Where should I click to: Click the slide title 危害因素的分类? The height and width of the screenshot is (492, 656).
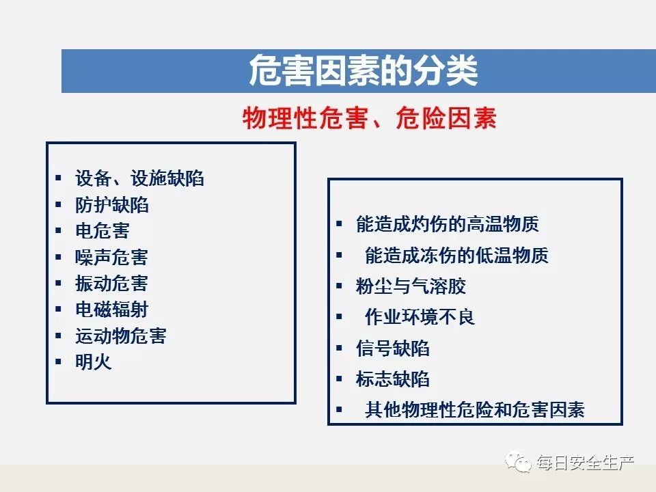click(363, 70)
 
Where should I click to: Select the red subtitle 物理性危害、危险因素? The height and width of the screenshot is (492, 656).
click(370, 118)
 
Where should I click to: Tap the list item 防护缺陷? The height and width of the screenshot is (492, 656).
click(111, 205)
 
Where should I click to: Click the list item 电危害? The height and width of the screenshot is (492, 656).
click(102, 231)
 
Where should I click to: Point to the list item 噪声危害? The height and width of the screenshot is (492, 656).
click(111, 258)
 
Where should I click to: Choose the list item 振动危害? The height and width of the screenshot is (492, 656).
click(111, 283)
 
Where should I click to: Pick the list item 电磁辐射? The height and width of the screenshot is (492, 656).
click(111, 310)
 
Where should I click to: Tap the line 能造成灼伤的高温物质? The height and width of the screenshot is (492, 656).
click(447, 224)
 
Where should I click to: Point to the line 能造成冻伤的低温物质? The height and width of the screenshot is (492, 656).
click(456, 255)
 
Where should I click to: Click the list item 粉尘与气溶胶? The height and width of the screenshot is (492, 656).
click(411, 286)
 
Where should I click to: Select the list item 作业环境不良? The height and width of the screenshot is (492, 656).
click(420, 316)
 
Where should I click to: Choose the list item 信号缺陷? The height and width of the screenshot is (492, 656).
click(393, 348)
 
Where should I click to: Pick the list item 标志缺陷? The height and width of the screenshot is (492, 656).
click(393, 379)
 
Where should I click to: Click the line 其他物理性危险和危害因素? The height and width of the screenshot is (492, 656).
click(475, 409)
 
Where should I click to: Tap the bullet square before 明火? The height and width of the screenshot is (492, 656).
click(58, 361)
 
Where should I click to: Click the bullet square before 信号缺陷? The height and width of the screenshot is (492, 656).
click(340, 348)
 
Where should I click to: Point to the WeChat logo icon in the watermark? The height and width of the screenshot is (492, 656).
click(518, 462)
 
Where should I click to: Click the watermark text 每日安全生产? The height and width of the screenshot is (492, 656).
click(586, 463)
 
